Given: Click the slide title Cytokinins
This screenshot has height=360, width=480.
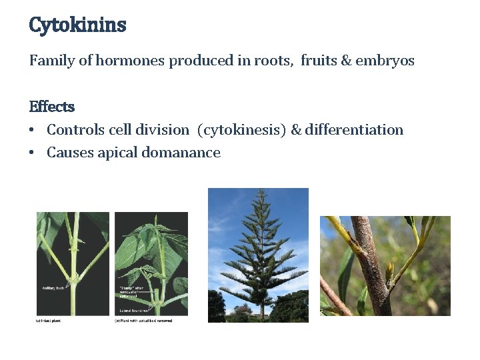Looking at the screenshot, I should point(77,25).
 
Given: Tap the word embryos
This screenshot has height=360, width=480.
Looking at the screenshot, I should point(385,61).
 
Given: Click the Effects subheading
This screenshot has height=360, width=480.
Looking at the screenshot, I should point(52,107).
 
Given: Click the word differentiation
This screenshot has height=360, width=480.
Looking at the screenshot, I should point(354,130).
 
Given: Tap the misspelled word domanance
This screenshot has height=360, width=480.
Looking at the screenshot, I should point(186,153).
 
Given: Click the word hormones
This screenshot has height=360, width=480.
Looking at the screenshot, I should point(130,61).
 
